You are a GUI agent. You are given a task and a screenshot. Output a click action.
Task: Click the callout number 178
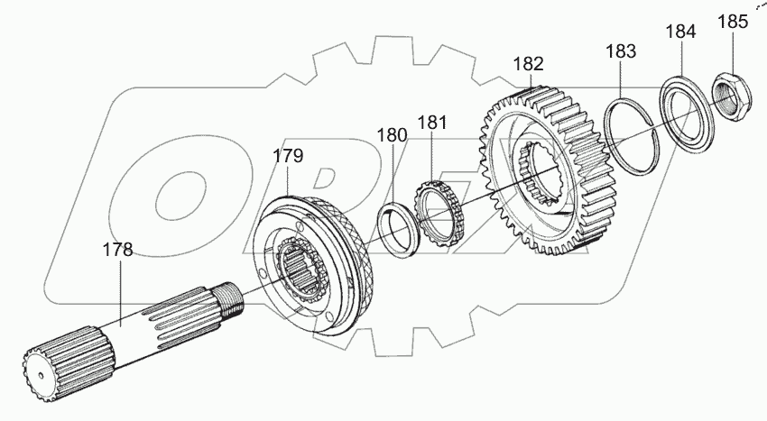117,250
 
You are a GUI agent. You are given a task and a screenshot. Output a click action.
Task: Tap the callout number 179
289,156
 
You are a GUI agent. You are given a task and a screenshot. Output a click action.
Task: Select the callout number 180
392,135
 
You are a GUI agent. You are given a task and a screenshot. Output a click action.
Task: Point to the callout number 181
432,121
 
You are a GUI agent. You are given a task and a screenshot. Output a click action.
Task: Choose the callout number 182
529,64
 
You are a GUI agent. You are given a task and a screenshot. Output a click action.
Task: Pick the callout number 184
680,31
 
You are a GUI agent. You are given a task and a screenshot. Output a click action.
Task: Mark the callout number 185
732,22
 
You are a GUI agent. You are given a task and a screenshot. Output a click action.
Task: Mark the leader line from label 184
681,59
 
